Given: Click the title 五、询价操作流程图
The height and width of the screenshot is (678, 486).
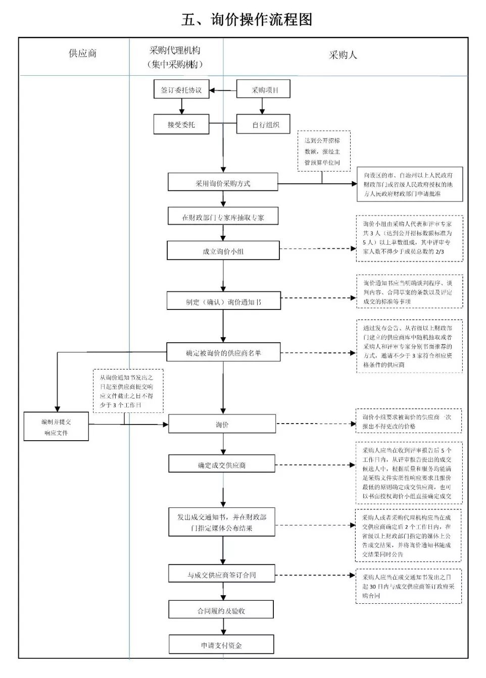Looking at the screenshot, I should coord(247,20).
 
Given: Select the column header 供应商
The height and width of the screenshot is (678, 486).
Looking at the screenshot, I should coord(82,54).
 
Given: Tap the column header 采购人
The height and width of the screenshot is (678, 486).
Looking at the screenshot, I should coord(343,55).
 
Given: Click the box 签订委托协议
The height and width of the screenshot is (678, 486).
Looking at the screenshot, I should coord(181,90).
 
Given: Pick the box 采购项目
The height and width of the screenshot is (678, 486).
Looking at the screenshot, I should coord(263,90).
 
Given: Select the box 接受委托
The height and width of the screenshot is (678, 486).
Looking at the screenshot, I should coord(181,125).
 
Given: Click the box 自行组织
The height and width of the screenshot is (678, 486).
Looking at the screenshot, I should coord(263,125).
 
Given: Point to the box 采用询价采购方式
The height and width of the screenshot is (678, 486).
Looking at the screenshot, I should coord(223,183).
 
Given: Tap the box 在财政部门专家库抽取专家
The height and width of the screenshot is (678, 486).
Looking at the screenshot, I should coord(223,218).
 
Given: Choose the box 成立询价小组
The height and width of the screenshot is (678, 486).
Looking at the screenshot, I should coord(223,251).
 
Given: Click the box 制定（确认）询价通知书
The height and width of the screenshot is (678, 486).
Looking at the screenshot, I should coord(223,302).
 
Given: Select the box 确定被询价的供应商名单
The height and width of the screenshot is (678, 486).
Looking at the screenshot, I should coord(223,353).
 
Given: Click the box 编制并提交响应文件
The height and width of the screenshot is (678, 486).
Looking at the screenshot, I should coord(56,427).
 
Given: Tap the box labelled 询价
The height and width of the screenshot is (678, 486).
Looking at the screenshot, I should coord(222,425).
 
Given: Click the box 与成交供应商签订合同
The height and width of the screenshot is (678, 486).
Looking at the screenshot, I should coord(222,575).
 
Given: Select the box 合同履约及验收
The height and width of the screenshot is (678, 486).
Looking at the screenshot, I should coord(221,610).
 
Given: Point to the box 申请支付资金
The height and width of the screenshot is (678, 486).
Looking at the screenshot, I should coord(221,645).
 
